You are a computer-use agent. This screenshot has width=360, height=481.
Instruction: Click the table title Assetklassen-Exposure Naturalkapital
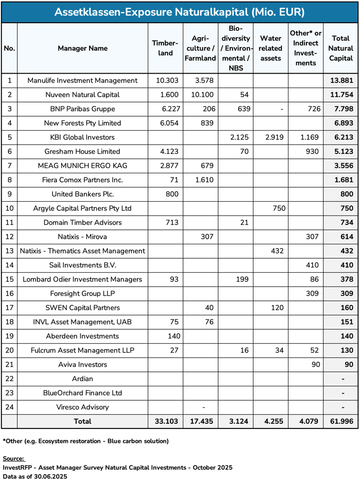coord(179,12)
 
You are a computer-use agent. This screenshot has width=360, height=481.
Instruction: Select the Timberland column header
coord(165,48)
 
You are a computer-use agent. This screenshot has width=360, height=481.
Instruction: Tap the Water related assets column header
coord(271,48)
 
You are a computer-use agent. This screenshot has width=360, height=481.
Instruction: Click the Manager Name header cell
coord(83,48)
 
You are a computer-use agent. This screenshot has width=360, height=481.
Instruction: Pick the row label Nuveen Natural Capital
coord(83,95)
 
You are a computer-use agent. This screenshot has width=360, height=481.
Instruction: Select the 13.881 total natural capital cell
coord(342,80)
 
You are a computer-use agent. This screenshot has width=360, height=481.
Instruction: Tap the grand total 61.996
coord(342,421)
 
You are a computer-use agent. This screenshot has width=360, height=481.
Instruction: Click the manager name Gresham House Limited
coord(83,152)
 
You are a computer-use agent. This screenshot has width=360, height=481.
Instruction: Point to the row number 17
coord(9,308)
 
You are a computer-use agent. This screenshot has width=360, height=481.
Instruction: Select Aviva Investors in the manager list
coord(83,365)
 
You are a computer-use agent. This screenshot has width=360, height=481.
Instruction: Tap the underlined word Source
coord(13,458)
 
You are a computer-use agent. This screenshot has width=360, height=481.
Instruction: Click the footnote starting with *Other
coord(85,441)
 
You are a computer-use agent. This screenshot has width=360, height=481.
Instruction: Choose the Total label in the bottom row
coord(83,421)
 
